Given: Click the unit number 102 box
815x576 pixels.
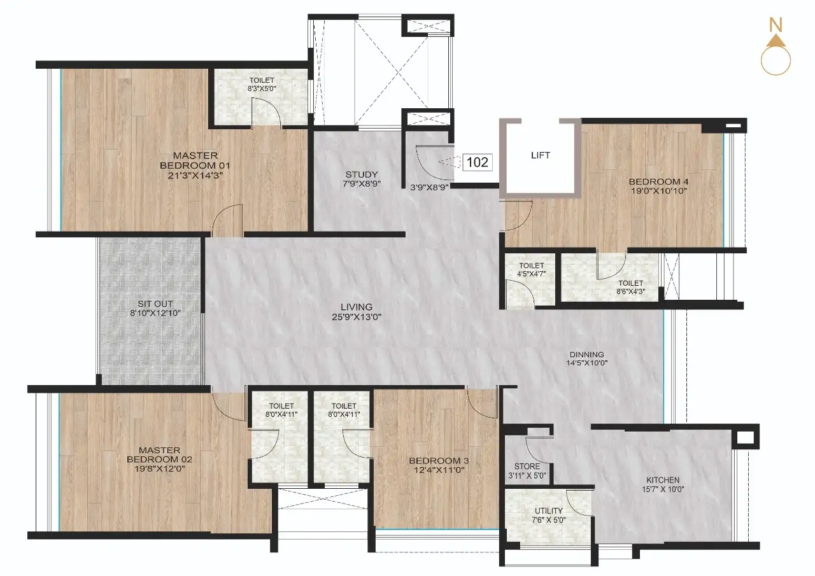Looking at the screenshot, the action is click(478, 162).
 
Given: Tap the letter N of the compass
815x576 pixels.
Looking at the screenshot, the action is click(776, 25).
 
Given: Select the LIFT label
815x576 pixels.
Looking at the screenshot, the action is click(541, 155).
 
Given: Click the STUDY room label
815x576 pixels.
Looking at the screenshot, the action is click(362, 174).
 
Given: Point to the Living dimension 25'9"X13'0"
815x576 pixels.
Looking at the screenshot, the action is click(357, 317).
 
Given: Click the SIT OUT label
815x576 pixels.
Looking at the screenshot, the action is click(155, 304).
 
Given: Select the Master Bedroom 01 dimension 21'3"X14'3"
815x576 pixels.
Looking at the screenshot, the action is click(195, 176).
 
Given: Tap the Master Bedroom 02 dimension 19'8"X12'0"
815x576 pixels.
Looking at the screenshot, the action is click(160, 468).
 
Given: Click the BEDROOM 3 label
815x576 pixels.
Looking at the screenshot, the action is click(439, 460).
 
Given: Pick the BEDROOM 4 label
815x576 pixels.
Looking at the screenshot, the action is click(658, 181).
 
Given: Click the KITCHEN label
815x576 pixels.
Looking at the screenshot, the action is click(663, 480).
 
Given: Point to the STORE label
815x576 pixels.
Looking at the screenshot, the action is click(527, 466).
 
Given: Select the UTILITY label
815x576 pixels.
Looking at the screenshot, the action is click(549, 510).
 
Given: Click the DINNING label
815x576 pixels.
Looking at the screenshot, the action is click(587, 354).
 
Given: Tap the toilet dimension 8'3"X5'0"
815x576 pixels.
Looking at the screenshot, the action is click(262, 88).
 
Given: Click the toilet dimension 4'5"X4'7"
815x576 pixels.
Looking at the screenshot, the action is click(532, 274).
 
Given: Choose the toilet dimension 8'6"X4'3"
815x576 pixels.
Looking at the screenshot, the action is click(631, 291).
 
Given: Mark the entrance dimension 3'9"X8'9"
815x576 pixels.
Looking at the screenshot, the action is click(429, 188).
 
